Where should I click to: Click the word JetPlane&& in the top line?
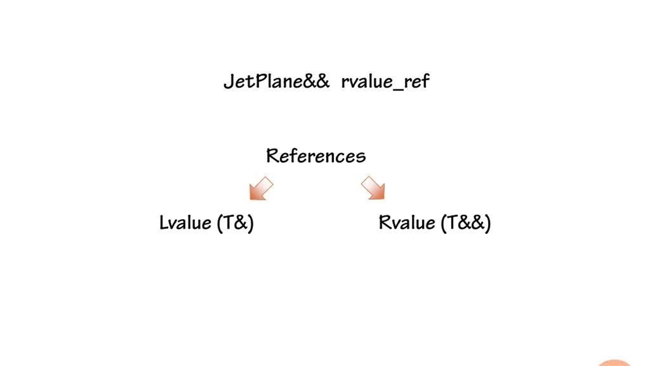click(276, 81)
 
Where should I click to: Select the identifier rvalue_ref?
click(385, 81)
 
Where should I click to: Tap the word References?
click(316, 156)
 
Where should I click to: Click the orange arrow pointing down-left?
click(261, 189)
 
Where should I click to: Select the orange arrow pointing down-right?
click(373, 189)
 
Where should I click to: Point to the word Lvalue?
click(185, 223)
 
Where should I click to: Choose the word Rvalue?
click(407, 223)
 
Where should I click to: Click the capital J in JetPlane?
click(228, 81)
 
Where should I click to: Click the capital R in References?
click(272, 156)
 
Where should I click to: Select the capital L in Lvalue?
click(163, 223)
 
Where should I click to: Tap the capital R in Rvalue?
click(384, 223)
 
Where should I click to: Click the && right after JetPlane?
click(317, 81)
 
